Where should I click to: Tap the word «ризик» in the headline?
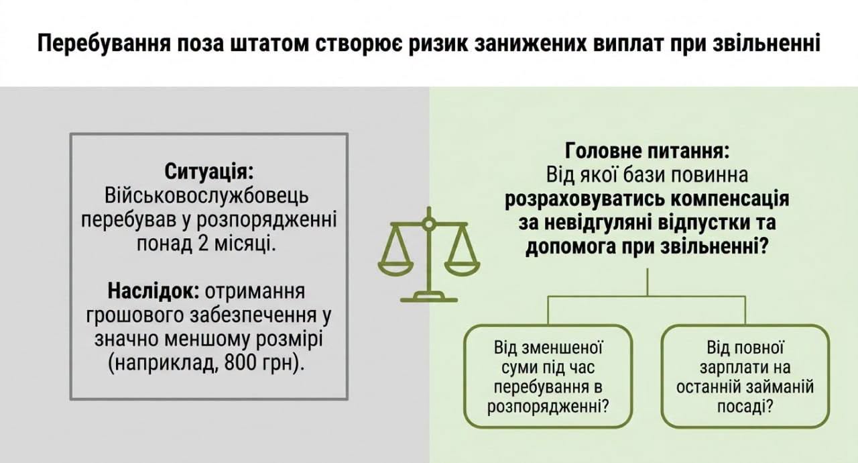tap(436, 44)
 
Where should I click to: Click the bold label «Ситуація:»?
tap(209, 171)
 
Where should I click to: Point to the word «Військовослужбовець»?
tap(206, 195)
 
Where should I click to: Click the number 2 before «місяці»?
tap(203, 244)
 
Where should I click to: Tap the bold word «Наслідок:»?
tap(154, 291)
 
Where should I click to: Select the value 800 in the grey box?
tap(240, 362)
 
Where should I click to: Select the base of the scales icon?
tap(429, 297)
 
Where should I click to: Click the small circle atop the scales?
tap(429, 223)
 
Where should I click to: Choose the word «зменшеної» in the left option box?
tap(562, 348)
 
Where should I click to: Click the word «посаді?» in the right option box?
tap(745, 406)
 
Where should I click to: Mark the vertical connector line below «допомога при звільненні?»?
tap(648, 282)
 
